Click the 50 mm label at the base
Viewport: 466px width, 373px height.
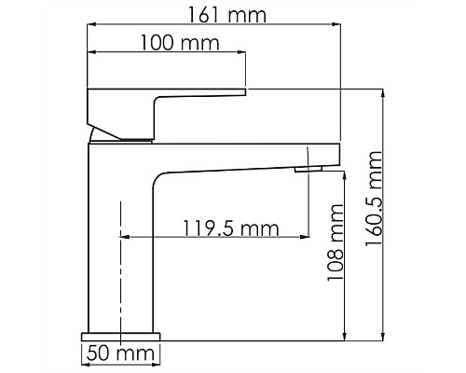[119, 354]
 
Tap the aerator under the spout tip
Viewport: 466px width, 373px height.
[308, 169]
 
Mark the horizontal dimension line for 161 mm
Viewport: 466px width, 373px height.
[214, 25]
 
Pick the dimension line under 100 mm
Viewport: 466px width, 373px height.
[168, 54]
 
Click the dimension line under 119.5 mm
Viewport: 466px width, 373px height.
[214, 237]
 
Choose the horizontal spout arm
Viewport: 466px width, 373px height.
[242, 156]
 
